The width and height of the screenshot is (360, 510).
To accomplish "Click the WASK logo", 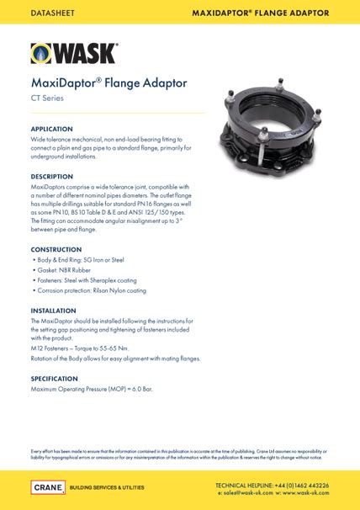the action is pyautogui.click(x=74, y=53).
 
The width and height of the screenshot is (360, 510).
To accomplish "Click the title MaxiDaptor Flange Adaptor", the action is pyautogui.click(x=109, y=83).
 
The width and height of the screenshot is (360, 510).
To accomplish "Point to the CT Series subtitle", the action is pyautogui.click(x=48, y=99).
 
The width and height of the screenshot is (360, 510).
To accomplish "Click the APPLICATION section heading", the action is pyautogui.click(x=51, y=129).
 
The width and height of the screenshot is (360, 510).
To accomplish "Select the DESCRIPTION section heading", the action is pyautogui.click(x=52, y=176).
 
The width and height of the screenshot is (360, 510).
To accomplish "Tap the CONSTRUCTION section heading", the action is pyautogui.click(x=56, y=250).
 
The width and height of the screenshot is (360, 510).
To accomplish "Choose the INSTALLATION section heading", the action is pyautogui.click(x=54, y=311).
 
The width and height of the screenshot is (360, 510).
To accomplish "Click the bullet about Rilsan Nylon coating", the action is pyautogui.click(x=92, y=290).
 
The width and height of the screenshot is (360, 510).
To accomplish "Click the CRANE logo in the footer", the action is pyautogui.click(x=48, y=487).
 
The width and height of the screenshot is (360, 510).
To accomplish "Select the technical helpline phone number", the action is pyautogui.click(x=308, y=486).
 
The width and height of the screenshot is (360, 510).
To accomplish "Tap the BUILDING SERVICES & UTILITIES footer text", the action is pyautogui.click(x=106, y=487).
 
